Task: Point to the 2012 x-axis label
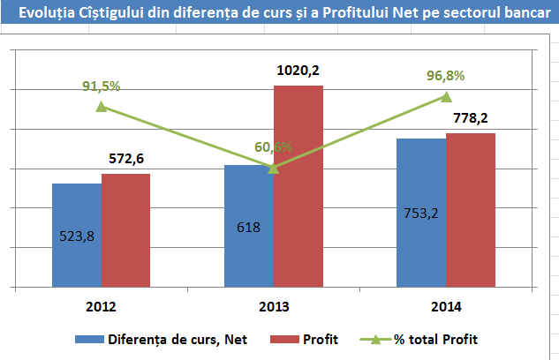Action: pos(101,308)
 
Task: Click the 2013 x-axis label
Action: pos(273,308)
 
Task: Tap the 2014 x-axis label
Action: pos(446,308)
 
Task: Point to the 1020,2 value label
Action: pos(297,70)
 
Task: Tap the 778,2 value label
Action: pos(469,117)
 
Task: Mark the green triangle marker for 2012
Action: pos(101,107)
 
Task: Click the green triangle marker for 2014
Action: pos(446,96)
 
